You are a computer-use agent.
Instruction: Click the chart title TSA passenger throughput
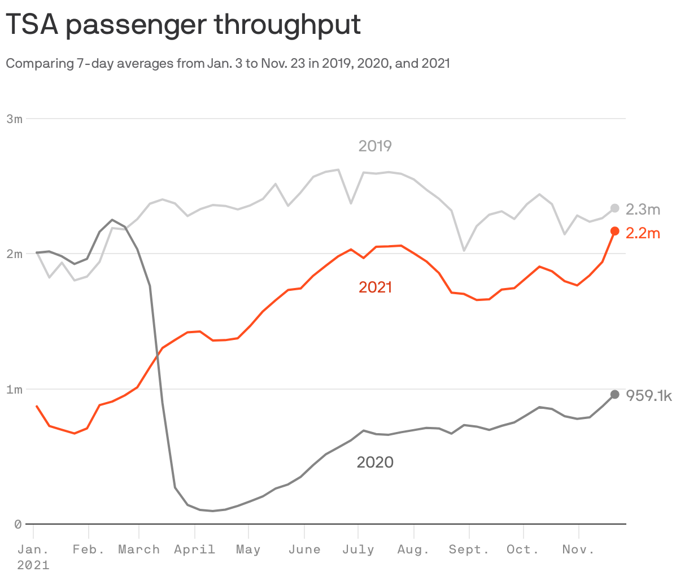pyautogui.click(x=183, y=25)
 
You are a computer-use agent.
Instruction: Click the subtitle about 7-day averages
pyautogui.click(x=228, y=63)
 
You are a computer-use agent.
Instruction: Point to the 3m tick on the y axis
pyautogui.click(x=15, y=119)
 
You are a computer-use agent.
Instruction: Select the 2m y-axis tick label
pyautogui.click(x=15, y=254)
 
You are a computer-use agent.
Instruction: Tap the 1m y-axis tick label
pyautogui.click(x=15, y=389)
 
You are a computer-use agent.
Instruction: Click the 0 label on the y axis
pyautogui.click(x=18, y=524)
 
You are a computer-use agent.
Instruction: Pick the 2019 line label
pyautogui.click(x=375, y=146)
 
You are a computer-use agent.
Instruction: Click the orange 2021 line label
pyautogui.click(x=375, y=287)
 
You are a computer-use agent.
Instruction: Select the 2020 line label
pyautogui.click(x=375, y=462)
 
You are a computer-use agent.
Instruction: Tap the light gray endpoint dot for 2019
pyautogui.click(x=615, y=208)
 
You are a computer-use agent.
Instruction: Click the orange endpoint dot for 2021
pyautogui.click(x=615, y=231)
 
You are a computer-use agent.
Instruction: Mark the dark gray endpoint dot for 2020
pyautogui.click(x=615, y=394)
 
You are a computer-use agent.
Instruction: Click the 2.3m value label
pyautogui.click(x=643, y=210)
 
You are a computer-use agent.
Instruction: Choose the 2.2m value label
pyautogui.click(x=643, y=233)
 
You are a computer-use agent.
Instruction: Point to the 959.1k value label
pyautogui.click(x=649, y=396)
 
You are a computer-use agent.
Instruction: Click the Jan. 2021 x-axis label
pyautogui.click(x=33, y=556)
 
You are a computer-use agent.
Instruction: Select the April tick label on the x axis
pyautogui.click(x=194, y=549)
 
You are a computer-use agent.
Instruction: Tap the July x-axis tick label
pyautogui.click(x=358, y=549)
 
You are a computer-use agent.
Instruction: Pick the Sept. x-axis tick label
pyautogui.click(x=469, y=549)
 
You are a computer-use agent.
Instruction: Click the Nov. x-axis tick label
pyautogui.click(x=578, y=549)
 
